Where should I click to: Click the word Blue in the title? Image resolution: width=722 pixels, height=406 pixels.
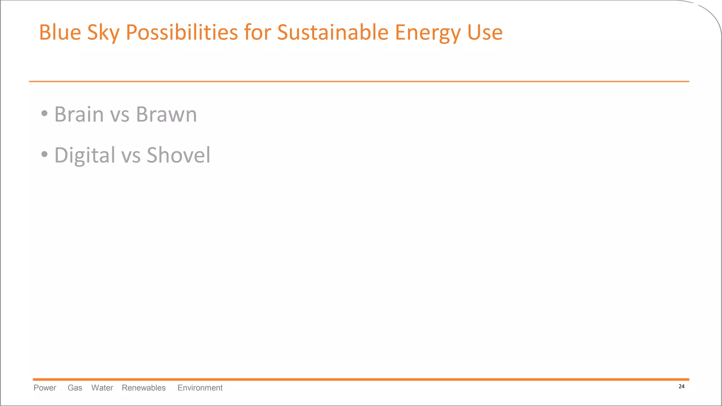tap(60, 32)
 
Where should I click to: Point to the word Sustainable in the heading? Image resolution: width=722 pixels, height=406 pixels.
tap(332, 32)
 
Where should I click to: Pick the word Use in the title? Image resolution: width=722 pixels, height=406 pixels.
tap(485, 32)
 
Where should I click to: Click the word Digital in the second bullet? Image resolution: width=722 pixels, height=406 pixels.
tap(85, 155)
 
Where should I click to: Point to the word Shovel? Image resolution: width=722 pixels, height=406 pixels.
tap(178, 155)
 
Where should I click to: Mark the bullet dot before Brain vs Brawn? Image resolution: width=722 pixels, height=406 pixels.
tap(44, 113)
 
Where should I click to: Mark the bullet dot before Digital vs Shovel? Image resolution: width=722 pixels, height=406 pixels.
tap(44, 154)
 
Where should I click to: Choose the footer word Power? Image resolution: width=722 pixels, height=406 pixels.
tap(45, 388)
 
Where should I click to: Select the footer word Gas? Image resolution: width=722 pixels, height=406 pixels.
tap(75, 388)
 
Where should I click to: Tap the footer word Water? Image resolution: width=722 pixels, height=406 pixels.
tap(102, 388)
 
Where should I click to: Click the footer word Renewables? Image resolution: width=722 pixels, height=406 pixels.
tap(143, 388)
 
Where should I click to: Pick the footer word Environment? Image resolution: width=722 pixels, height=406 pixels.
tap(200, 388)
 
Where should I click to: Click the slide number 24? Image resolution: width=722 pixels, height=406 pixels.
tap(681, 387)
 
